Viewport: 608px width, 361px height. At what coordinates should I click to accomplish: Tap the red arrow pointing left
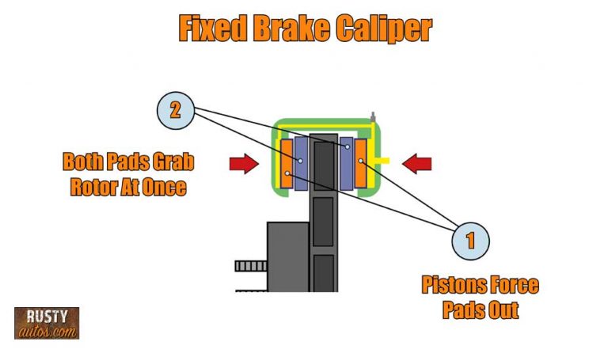coord(417,164)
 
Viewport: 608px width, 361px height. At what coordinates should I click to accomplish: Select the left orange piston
coord(287,162)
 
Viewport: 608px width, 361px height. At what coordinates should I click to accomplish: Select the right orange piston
coord(361,163)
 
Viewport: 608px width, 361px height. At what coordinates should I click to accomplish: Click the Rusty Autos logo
coord(47,323)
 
